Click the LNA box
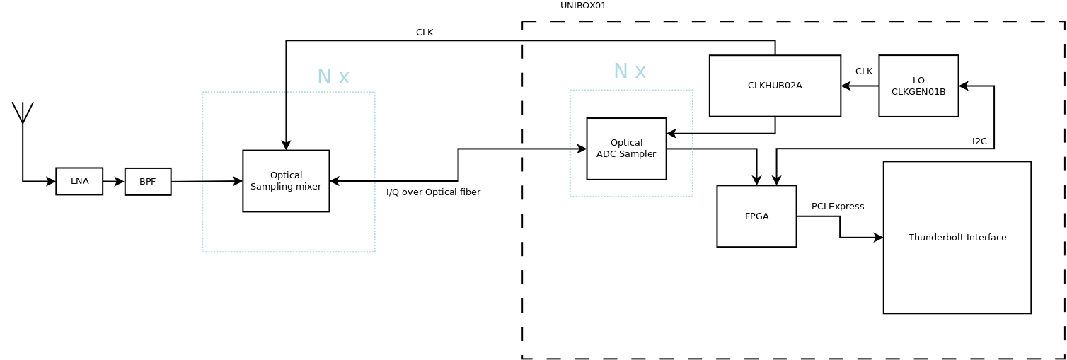(79, 181)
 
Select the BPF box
(148, 182)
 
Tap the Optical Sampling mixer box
(286, 181)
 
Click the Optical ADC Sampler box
(626, 149)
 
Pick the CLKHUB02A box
(775, 86)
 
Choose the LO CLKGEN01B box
(918, 86)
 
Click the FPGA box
(756, 216)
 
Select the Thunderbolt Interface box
(957, 238)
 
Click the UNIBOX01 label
(583, 6)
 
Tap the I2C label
(979, 141)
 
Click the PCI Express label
(838, 207)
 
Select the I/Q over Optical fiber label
(433, 192)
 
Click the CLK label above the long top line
(425, 33)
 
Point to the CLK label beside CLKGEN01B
(864, 71)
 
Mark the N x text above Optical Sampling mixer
(333, 76)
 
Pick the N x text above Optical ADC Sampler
(629, 71)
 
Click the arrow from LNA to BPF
(113, 182)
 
